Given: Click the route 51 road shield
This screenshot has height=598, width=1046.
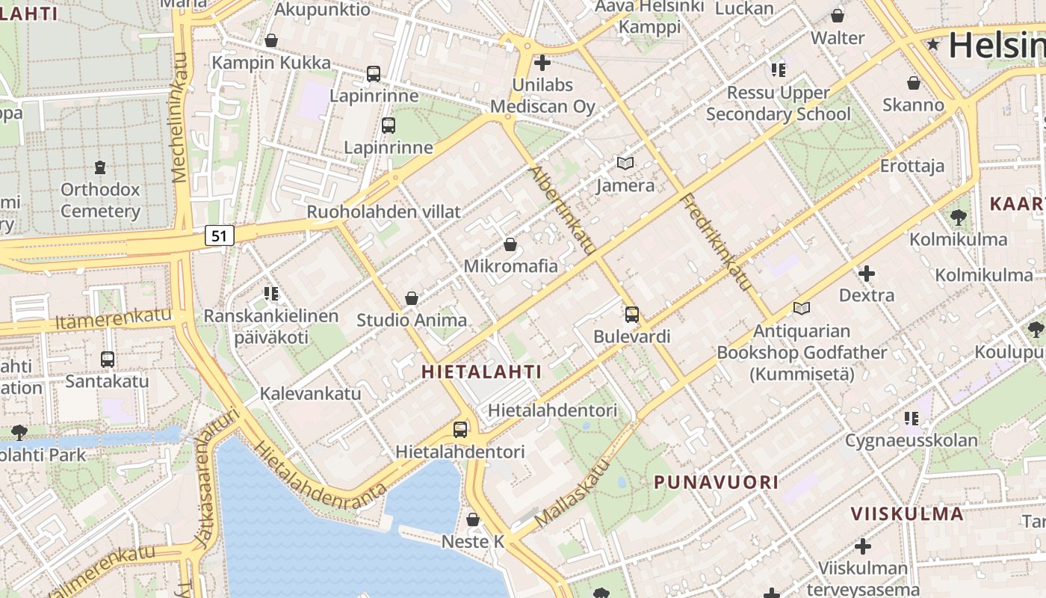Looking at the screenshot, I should (x=218, y=235).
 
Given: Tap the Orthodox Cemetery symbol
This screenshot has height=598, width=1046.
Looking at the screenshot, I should (x=100, y=166).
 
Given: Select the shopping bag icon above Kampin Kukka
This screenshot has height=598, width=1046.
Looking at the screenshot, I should (x=271, y=40).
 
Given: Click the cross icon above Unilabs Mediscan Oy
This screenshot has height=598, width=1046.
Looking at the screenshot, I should (x=542, y=63).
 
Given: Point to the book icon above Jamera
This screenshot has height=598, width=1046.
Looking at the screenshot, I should (x=625, y=163).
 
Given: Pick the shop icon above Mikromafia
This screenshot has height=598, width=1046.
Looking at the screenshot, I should (x=510, y=244).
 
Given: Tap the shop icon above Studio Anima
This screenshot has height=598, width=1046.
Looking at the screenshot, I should (x=411, y=298).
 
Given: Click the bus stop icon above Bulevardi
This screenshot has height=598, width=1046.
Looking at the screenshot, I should (x=632, y=315).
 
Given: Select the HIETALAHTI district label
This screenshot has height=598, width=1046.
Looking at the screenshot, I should (x=481, y=371).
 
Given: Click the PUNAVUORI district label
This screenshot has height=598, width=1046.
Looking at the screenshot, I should (x=717, y=482).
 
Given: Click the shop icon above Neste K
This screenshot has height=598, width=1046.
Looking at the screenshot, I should (x=473, y=519).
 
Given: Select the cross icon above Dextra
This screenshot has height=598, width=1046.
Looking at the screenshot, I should (x=867, y=274).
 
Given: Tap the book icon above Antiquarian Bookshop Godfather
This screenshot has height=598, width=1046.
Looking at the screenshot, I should (x=802, y=308).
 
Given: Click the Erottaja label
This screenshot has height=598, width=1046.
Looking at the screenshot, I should (x=912, y=165).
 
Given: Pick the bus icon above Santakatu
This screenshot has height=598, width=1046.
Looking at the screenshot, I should (x=107, y=360).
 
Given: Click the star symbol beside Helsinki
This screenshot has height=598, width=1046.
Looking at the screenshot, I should (x=932, y=45).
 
